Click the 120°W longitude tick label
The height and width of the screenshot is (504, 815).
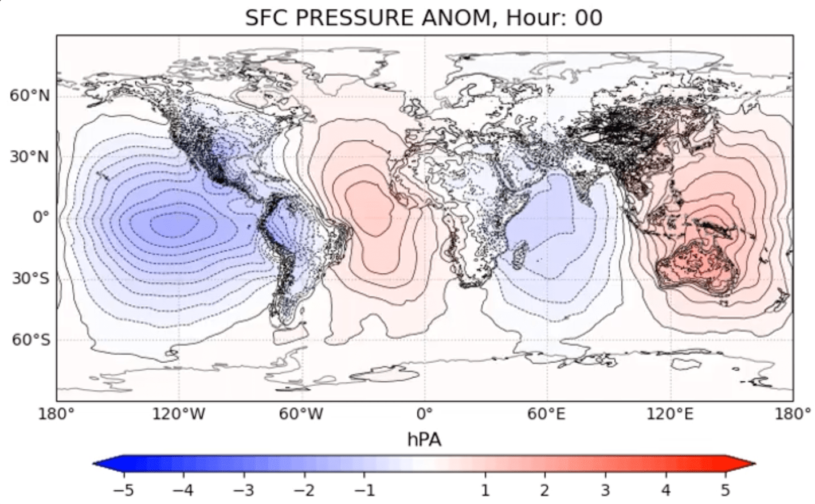[x=179, y=414]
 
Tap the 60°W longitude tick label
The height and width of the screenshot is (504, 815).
[x=301, y=414]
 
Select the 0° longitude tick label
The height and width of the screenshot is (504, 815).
[x=424, y=414]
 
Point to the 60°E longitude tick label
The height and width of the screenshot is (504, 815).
[x=547, y=414]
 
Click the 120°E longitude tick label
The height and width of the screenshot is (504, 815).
[x=670, y=414]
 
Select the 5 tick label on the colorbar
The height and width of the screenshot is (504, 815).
[x=726, y=491]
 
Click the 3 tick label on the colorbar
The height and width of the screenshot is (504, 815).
[x=605, y=491]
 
